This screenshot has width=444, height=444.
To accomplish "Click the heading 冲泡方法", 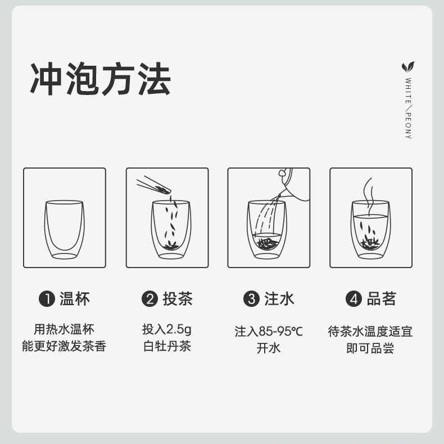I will point(100,79).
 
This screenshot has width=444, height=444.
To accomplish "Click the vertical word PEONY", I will point(408,125).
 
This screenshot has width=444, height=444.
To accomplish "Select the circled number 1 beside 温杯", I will point(47,299).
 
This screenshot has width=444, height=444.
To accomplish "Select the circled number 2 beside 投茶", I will point(149,299).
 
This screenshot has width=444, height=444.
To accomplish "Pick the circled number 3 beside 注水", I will point(251,299).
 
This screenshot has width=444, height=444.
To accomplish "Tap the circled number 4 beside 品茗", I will point(354,299).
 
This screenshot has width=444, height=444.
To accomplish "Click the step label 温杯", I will point(75,298).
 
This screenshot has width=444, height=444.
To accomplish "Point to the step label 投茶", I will point(178,298).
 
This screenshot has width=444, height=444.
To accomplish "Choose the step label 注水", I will point(279,298).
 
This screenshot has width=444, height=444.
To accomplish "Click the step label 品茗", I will point(382,298).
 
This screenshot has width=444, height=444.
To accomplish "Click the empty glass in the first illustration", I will point(65,229).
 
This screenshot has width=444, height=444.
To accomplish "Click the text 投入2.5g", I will point(166,329).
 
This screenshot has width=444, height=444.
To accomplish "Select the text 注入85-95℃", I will point(269,332).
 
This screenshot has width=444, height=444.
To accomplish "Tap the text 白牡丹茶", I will point(166,346).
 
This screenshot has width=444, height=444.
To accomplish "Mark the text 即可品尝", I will point(370,348).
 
